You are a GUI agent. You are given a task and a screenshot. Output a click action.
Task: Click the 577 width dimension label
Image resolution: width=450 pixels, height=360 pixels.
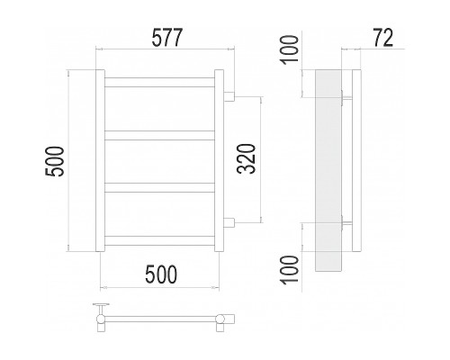(167, 38)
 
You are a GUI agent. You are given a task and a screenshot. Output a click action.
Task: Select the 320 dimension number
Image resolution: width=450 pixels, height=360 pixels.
(247, 159)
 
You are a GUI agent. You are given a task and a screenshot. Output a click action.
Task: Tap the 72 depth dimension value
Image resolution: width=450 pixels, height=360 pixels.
(382, 38)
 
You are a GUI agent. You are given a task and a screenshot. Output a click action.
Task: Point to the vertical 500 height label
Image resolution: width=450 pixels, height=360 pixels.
(55, 161)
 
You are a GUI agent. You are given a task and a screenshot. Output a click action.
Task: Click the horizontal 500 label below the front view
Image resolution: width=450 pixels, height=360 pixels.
(161, 274)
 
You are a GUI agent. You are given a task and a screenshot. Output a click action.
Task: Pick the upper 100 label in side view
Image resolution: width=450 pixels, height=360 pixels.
(290, 49)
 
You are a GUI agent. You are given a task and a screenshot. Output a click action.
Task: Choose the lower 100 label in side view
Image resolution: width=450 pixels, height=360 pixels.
(290, 269)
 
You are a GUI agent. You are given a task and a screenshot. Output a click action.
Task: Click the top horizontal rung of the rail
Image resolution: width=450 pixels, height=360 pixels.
(159, 83)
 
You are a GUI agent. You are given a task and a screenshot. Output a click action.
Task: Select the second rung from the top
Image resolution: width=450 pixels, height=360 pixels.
(159, 135)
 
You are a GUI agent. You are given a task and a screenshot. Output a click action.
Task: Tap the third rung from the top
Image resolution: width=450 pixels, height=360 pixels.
(159, 187)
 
